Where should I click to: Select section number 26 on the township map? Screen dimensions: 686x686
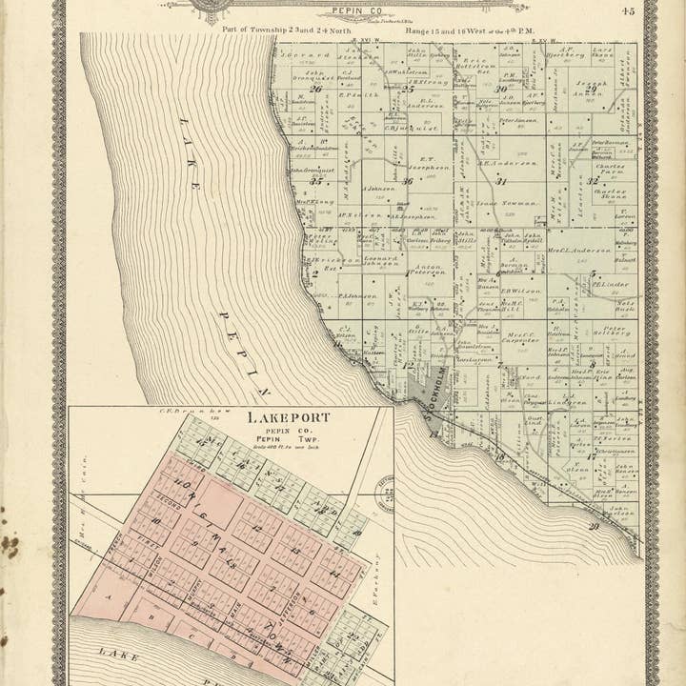(314, 90)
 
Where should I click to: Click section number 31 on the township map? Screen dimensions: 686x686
(501, 181)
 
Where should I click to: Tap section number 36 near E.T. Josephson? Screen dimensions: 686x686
(408, 181)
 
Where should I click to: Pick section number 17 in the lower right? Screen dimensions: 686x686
(591, 456)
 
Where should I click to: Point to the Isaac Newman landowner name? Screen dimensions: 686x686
(501, 203)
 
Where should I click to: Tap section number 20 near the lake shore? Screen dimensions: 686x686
(595, 526)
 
